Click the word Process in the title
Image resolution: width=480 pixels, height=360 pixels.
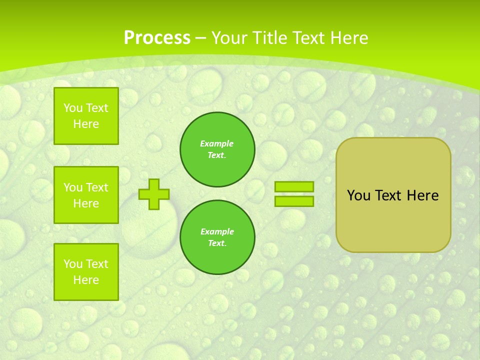tap(157, 38)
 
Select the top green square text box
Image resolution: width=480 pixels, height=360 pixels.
tap(86, 116)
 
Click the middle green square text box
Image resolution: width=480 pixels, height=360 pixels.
tap(86, 195)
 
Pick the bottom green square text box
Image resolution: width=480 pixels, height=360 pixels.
tap(86, 272)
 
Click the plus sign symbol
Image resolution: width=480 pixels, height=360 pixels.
tap(154, 194)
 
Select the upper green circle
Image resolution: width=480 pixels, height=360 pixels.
tap(217, 149)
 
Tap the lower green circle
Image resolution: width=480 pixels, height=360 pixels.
tap(217, 237)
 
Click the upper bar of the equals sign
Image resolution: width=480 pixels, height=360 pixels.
tap(294, 186)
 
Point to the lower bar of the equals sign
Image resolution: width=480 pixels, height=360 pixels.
tap(294, 201)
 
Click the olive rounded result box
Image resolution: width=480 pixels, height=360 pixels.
tap(393, 220)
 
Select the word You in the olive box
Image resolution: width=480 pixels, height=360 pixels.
tap(358, 195)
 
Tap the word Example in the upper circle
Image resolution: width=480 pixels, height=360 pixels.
tap(217, 143)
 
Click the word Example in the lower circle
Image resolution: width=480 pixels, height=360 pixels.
tap(217, 231)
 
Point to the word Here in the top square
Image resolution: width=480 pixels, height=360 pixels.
tap(86, 124)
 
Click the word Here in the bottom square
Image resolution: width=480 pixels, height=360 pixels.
tap(86, 280)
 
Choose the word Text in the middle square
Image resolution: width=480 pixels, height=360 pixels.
tap(96, 187)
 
